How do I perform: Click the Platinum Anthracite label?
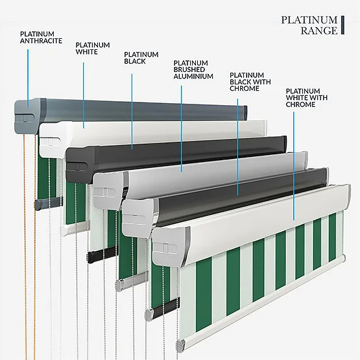pos(41,38)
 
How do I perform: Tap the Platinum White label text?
pos(93,49)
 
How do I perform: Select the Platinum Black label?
pos(141,58)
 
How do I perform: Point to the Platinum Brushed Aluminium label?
pos(193,70)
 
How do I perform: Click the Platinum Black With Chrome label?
pos(250,82)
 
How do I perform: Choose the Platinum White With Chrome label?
pos(307,98)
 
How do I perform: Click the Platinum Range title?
pos(309,25)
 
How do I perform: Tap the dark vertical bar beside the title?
pos(342,25)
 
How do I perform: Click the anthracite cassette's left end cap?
pos(29,116)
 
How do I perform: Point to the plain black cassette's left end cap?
pos(80,165)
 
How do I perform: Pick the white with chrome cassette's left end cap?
pos(171,246)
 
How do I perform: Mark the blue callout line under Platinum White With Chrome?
pos(294,166)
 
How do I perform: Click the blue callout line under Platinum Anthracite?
pos(28,78)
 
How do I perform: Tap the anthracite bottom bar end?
pos(38,204)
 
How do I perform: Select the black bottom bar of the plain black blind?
pos(102,254)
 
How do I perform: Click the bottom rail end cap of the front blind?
pos(180,345)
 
